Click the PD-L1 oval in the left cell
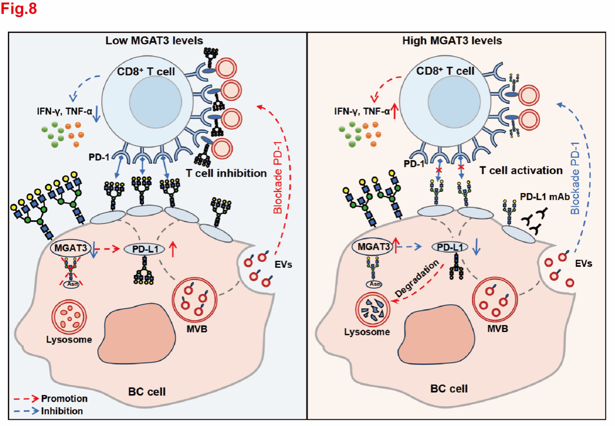pyautogui.click(x=145, y=249)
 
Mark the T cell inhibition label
pyautogui.click(x=227, y=173)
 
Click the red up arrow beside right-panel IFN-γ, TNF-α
pyautogui.click(x=396, y=112)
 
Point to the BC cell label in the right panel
pyautogui.click(x=449, y=389)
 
